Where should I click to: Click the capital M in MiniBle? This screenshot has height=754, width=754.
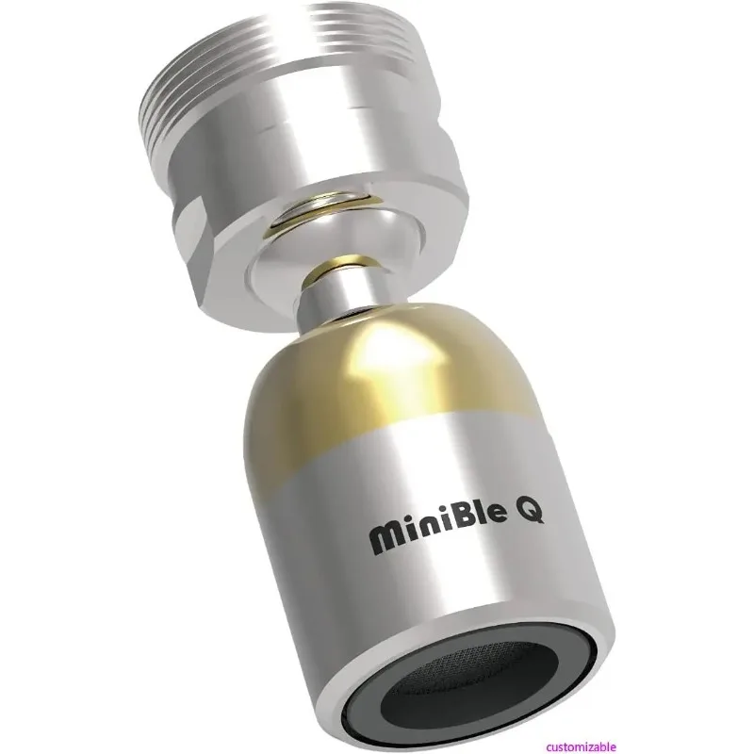point(379,540)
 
